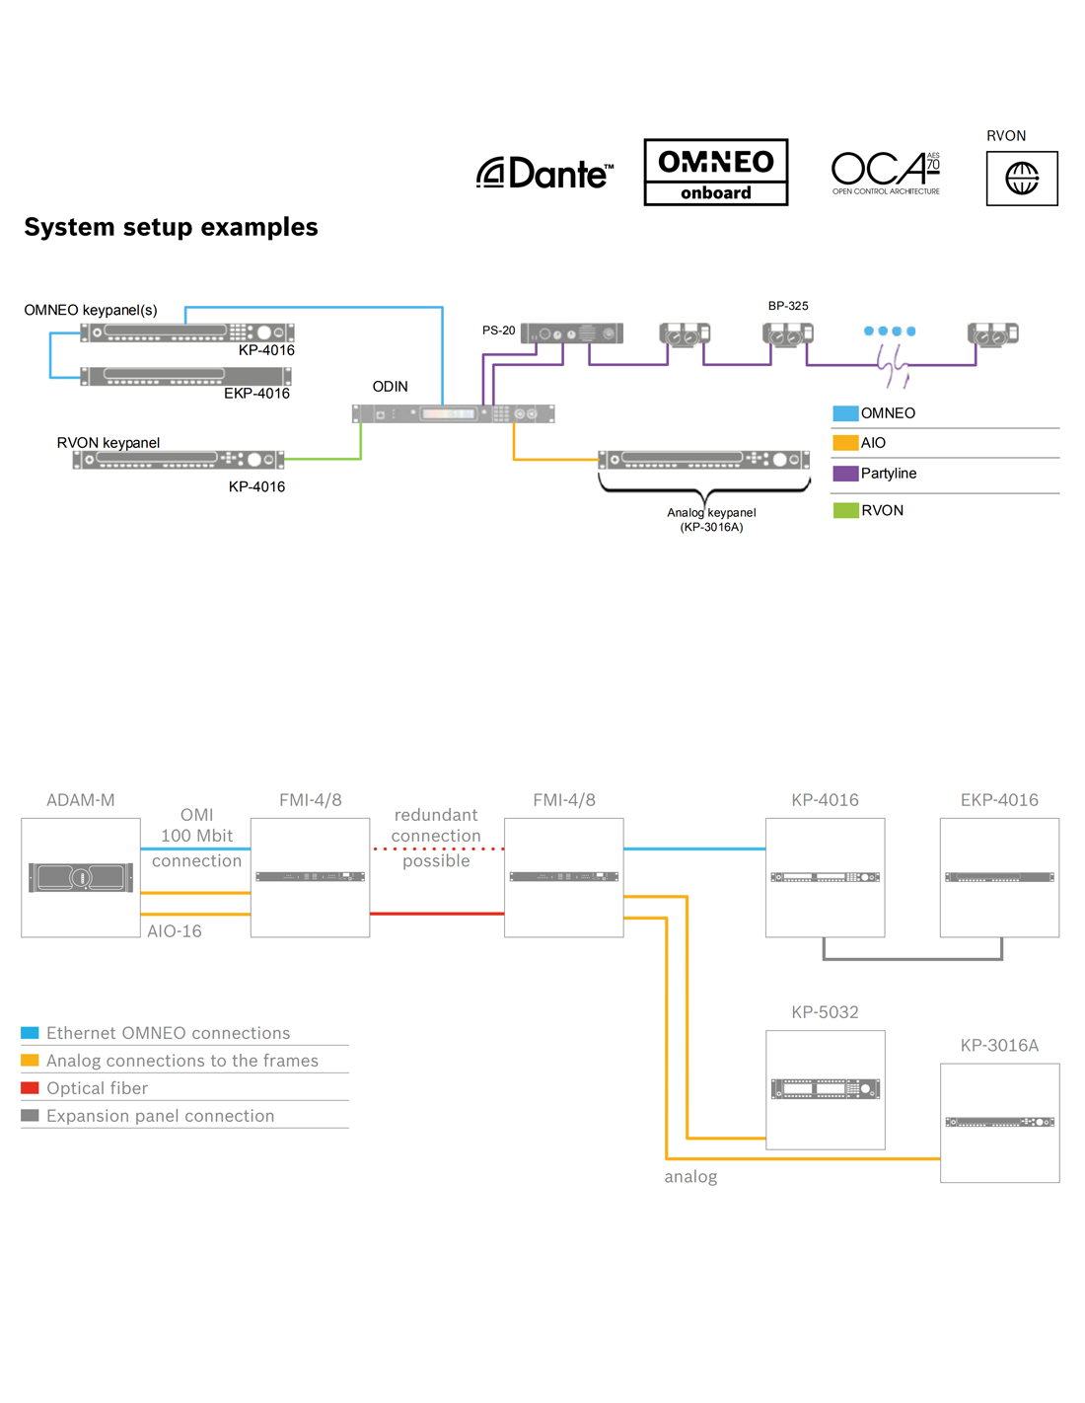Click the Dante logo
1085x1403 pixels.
click(x=545, y=174)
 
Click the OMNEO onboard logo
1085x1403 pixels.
click(x=715, y=173)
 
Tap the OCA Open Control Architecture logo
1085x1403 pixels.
click(x=886, y=173)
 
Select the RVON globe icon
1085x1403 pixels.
click(x=1022, y=179)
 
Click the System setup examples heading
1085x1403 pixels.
click(x=171, y=227)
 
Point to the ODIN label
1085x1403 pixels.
click(x=390, y=387)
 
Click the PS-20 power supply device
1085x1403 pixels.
click(x=572, y=333)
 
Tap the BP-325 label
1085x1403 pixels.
click(x=788, y=306)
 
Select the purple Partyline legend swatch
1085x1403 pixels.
click(x=845, y=474)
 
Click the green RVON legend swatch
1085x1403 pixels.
click(x=845, y=510)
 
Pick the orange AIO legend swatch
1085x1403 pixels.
click(x=845, y=443)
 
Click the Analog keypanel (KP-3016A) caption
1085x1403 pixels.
click(x=711, y=519)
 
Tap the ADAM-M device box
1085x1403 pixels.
click(x=81, y=877)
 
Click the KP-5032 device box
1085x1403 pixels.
click(x=825, y=1089)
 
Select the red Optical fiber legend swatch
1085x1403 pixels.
click(x=30, y=1088)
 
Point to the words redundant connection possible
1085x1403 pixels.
click(x=436, y=837)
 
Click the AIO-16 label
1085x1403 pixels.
click(x=175, y=931)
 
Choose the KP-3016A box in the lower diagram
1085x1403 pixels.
click(x=999, y=1123)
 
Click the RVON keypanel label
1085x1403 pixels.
click(x=108, y=443)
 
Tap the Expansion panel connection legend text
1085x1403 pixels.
click(x=160, y=1116)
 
